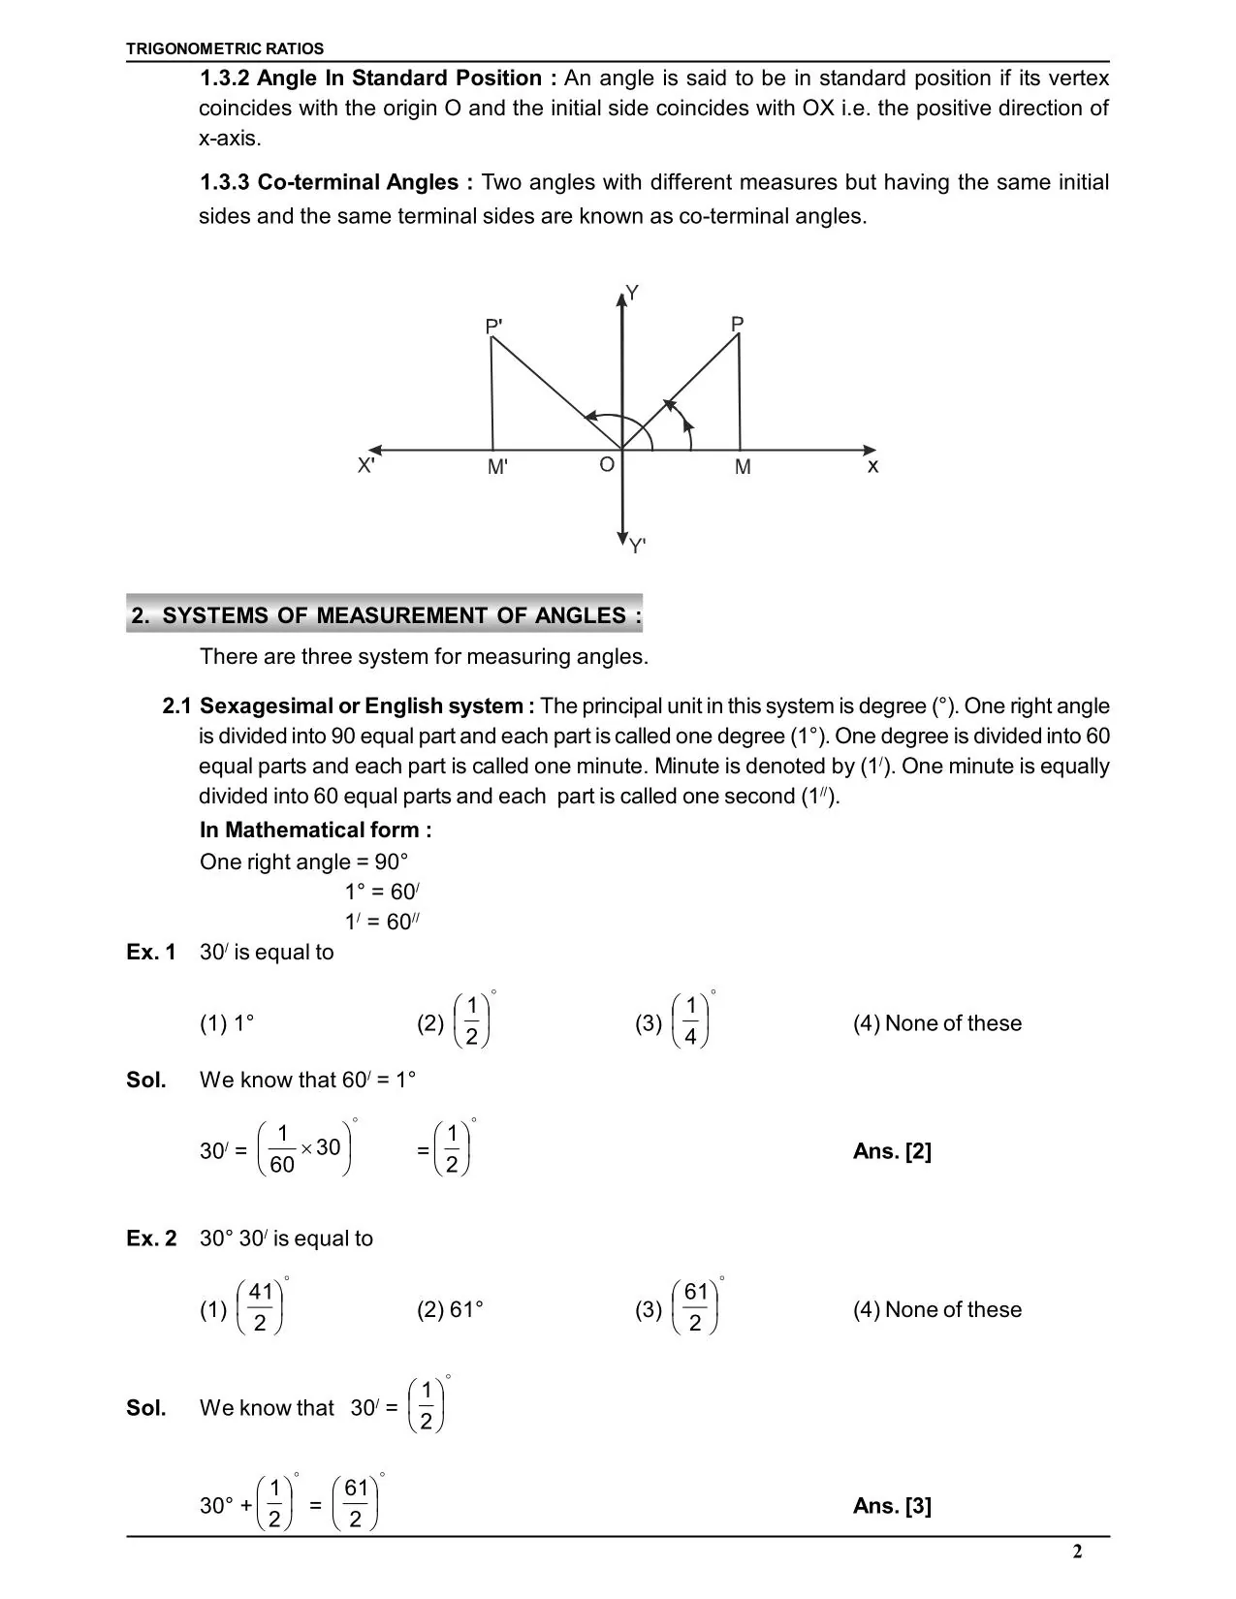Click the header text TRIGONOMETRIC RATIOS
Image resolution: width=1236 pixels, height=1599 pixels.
coord(225,48)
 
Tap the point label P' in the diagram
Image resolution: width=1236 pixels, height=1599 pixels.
coord(493,327)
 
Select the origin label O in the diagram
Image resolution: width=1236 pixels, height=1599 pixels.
coord(607,465)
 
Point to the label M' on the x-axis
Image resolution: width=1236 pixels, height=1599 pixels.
coord(497,467)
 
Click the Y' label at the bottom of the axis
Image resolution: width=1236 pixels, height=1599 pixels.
coord(637,547)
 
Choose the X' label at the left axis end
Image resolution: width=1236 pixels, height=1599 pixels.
coord(365,466)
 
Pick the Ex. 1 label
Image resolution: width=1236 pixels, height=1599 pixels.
coord(151,953)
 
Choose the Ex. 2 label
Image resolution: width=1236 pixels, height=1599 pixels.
coord(151,1238)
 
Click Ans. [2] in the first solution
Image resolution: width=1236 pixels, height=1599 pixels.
coord(892,1151)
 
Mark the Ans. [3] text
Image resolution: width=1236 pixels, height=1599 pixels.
coord(892,1506)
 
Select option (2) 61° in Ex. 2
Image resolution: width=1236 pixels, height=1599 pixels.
coord(451,1310)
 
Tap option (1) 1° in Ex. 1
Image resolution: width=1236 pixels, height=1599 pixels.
coord(227,1024)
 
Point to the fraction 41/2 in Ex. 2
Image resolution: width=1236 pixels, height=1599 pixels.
coord(260,1307)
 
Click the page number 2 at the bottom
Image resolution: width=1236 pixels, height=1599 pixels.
coord(1077,1552)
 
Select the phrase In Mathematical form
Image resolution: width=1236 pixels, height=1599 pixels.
coord(315,831)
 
